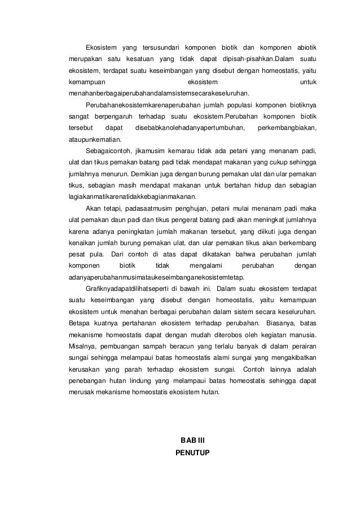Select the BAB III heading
[x=192, y=440]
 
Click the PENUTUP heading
[x=192, y=452]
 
